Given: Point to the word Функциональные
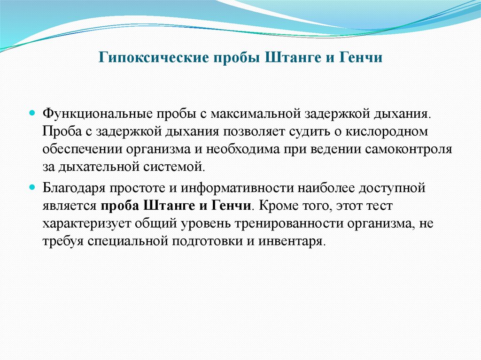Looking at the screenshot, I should [91, 115].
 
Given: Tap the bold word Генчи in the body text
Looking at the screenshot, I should [233, 206].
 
